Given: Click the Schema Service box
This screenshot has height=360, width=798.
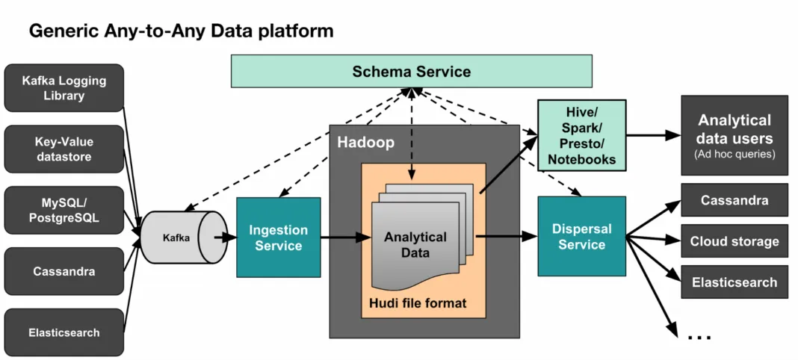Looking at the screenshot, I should (x=411, y=72).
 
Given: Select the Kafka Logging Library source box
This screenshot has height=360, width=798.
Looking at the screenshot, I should (x=64, y=88).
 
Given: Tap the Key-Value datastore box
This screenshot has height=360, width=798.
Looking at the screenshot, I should (x=64, y=149).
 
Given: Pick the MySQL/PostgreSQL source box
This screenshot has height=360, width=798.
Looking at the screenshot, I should (x=64, y=210).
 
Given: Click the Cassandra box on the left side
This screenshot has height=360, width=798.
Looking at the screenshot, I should (x=64, y=271).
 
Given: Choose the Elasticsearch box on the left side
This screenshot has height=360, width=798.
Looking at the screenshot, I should (x=64, y=332).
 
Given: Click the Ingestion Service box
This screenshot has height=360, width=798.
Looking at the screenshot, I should (x=278, y=238).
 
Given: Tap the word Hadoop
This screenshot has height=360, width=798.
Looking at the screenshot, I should (x=365, y=143).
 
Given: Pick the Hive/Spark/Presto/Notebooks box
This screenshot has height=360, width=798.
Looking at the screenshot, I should (x=581, y=135).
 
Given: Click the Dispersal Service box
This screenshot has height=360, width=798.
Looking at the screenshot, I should (x=581, y=237).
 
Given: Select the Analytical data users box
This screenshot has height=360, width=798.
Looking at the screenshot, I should (x=734, y=135).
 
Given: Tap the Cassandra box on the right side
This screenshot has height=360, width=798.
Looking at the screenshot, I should (x=734, y=200).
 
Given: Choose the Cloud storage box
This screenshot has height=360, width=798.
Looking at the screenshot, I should (x=734, y=241).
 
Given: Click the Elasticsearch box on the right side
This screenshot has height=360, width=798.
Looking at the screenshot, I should (x=734, y=282).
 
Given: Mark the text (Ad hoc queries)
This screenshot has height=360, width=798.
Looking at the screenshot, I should (x=734, y=154).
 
